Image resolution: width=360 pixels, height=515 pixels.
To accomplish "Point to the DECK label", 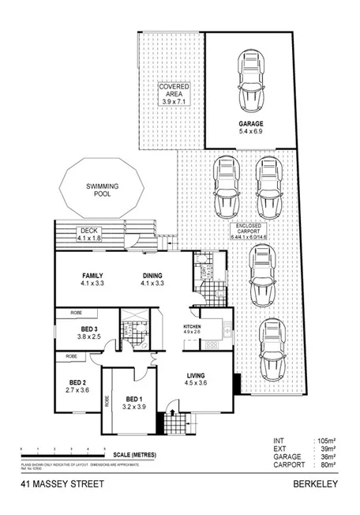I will point(89,234).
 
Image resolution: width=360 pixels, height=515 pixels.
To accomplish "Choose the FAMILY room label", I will point(91,276).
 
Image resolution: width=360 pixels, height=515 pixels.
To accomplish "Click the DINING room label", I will point(152,276).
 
